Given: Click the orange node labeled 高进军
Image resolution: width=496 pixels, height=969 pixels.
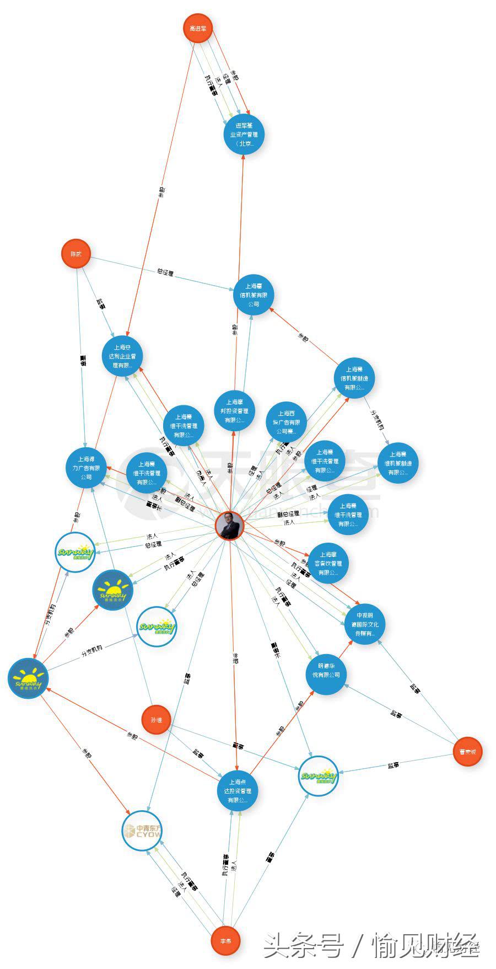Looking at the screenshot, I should (197, 29).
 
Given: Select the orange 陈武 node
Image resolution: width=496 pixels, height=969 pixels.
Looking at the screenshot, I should (76, 254).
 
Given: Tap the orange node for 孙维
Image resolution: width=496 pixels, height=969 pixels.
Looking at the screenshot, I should (156, 720).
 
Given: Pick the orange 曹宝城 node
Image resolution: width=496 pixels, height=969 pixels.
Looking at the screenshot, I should (467, 751).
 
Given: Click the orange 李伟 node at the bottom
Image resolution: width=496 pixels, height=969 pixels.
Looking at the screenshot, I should (226, 941).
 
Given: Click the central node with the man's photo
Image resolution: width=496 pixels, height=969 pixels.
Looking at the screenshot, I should (229, 526).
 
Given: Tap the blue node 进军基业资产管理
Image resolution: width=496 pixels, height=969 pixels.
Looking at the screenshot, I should (244, 135).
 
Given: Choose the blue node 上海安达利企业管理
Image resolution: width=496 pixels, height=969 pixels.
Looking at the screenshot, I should (122, 356).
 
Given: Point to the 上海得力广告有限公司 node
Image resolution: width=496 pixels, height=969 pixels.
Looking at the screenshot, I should (86, 468).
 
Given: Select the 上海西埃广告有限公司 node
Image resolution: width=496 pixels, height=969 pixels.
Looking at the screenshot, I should (286, 422).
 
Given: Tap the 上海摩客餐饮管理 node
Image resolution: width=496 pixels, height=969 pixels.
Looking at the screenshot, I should (328, 563).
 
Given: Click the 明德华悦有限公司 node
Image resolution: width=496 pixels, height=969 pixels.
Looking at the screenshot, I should (326, 674).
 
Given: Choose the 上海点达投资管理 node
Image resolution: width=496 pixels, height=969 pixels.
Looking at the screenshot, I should (237, 791).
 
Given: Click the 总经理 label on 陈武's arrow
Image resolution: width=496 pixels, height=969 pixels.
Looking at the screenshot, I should (165, 272).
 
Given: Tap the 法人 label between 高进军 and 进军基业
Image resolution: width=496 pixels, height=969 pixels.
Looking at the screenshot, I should (219, 81).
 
